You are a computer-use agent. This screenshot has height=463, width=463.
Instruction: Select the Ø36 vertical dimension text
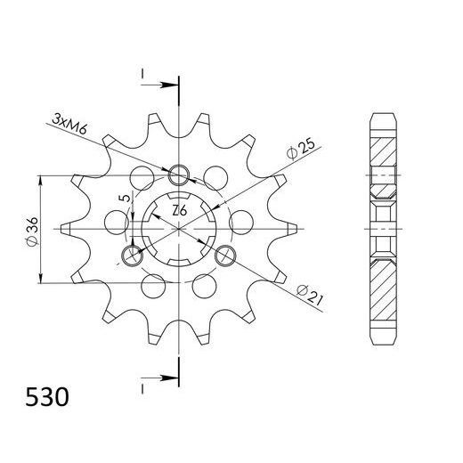click(x=33, y=230)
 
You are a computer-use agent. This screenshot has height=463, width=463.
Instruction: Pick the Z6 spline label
click(x=179, y=211)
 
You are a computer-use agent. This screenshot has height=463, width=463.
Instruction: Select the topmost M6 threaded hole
click(x=179, y=174)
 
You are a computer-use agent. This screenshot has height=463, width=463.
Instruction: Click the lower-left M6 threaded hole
click(x=131, y=257)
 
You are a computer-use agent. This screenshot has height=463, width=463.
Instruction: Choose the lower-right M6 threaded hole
click(x=227, y=257)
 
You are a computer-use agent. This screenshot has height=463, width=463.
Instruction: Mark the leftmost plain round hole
click(x=115, y=220)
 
